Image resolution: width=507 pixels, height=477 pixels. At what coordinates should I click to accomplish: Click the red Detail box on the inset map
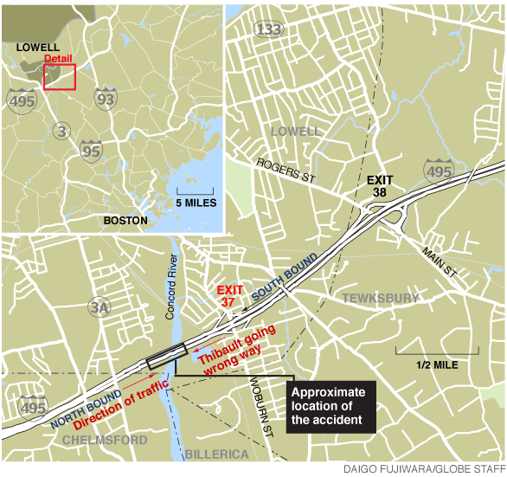tap(60, 76)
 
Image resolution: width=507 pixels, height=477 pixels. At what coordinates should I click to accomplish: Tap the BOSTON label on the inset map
tap(125, 221)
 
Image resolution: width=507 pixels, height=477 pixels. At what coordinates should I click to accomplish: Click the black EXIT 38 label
tap(380, 186)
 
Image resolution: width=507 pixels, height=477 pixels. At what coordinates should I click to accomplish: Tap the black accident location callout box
tap(332, 406)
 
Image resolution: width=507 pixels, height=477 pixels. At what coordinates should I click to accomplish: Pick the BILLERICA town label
tap(216, 454)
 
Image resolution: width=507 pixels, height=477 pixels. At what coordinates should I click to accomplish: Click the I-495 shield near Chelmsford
tap(33, 407)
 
